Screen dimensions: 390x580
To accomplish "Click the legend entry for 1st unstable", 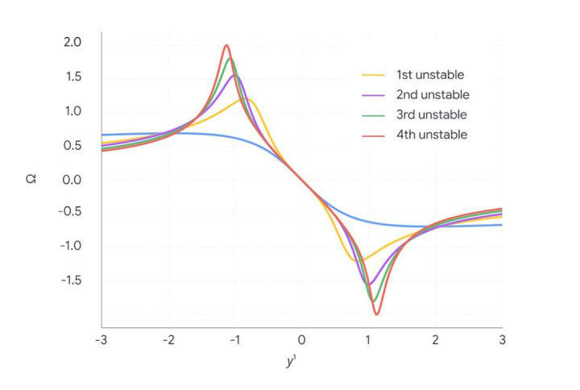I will click(430, 75).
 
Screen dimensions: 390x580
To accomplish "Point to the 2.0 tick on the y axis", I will click(72, 43).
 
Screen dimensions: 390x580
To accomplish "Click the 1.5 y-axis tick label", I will click(72, 77).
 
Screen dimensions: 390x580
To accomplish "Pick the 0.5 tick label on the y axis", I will click(72, 146).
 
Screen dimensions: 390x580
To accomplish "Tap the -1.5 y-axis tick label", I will click(70, 281).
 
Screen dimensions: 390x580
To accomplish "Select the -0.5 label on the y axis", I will click(70, 214).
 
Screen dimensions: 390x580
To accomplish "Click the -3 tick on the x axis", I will click(101, 339).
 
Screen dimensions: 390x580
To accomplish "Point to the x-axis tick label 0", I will click(302, 339).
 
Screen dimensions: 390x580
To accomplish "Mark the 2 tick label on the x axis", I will click(436, 339).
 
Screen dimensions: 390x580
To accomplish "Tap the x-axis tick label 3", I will click(502, 339).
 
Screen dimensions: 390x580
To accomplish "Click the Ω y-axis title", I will click(29, 179).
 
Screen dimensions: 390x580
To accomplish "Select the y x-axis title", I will click(291, 363).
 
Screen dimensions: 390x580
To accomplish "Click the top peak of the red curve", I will click(226, 45).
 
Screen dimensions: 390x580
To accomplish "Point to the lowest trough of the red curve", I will click(376, 313).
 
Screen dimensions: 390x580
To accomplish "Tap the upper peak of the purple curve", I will click(235, 76).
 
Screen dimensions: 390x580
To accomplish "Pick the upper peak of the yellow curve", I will click(246, 99).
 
